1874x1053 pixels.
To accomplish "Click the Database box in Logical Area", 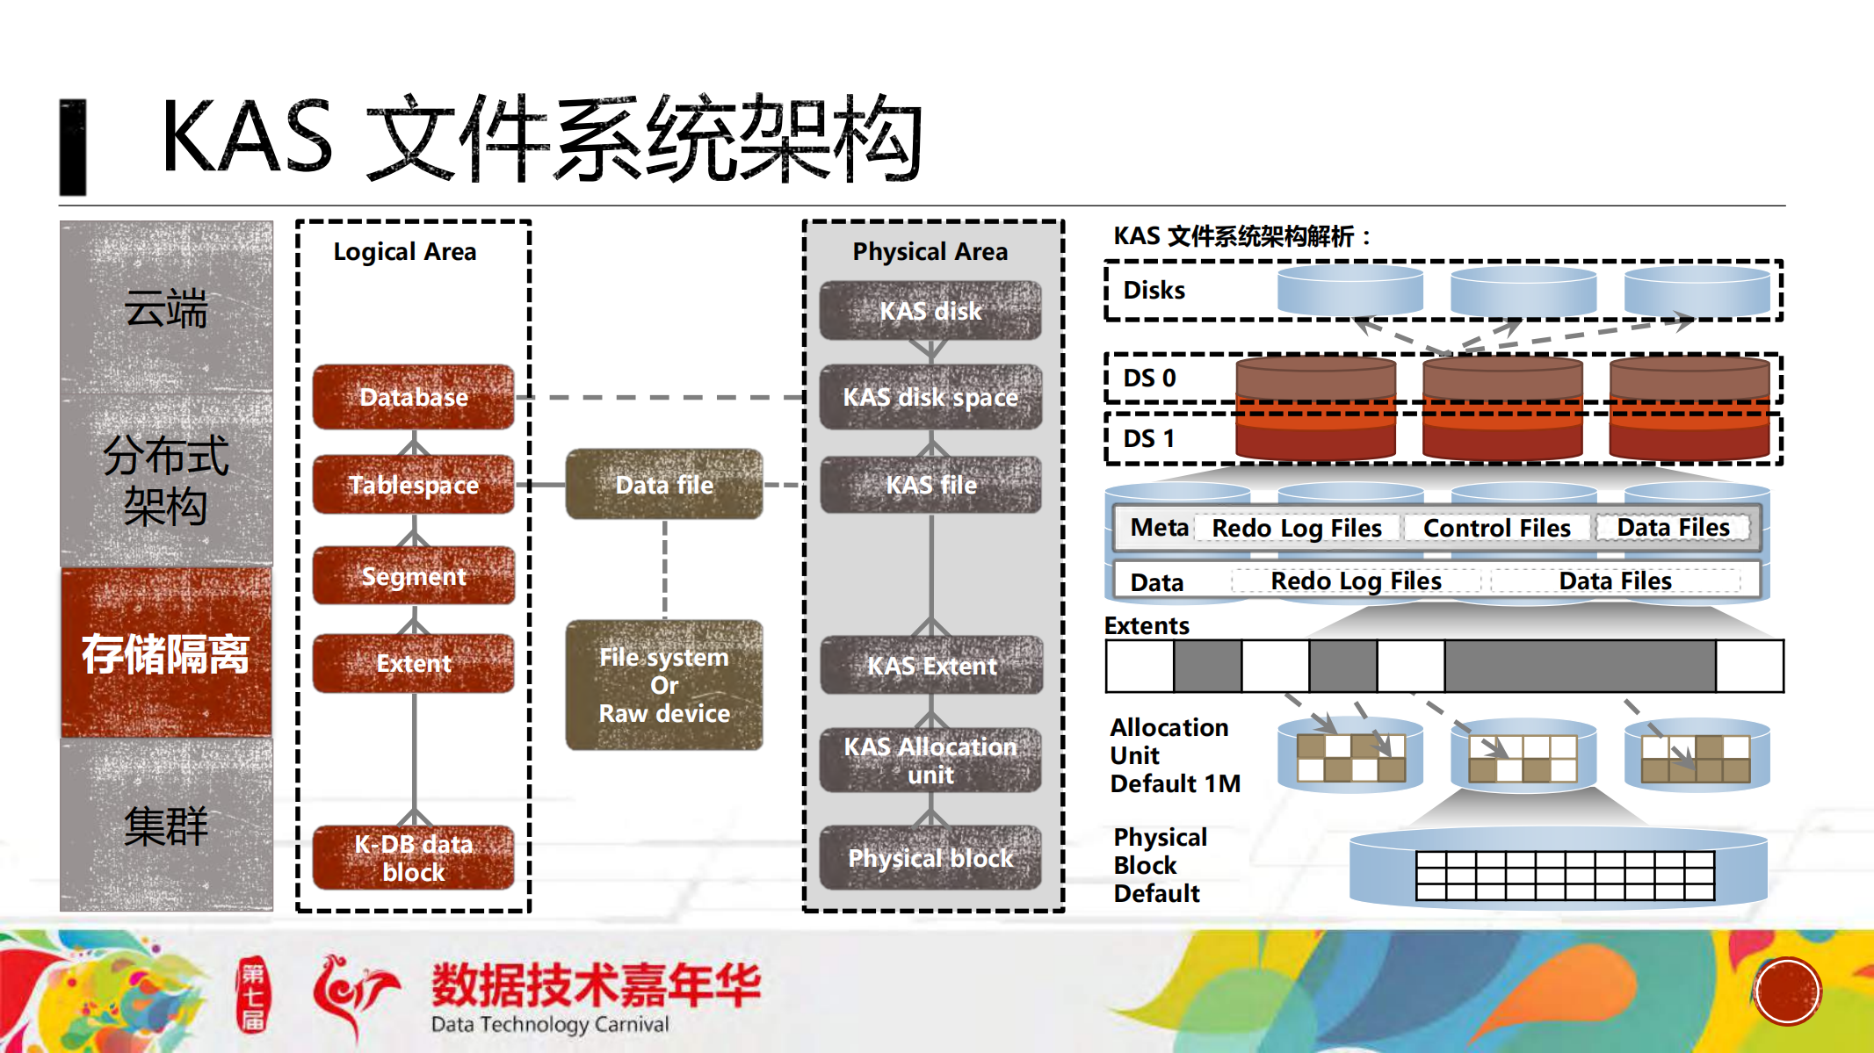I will (413, 397).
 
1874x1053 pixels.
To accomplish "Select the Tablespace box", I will (413, 485).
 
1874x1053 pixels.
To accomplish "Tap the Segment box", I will (413, 576).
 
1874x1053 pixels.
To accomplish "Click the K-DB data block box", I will (413, 858).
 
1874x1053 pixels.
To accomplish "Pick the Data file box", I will (664, 485).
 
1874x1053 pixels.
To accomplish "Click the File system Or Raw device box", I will (664, 685).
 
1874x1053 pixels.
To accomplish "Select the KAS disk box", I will (930, 311).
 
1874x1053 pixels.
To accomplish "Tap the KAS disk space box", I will (930, 397).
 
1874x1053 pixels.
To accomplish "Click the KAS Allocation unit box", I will (930, 761).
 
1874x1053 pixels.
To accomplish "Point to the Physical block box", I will (930, 858).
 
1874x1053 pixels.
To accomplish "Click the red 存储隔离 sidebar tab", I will (166, 653).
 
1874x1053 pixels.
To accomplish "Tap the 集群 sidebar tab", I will (166, 826).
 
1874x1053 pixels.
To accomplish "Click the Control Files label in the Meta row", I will (1496, 528).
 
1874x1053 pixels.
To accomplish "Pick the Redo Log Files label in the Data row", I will (1356, 581).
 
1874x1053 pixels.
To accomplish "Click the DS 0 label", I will (1149, 379).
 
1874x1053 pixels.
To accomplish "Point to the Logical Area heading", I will (404, 252).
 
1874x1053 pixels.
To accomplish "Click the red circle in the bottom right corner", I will (1787, 992).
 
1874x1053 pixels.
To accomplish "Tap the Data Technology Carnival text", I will (550, 1024).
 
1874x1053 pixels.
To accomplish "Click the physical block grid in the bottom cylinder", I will (1565, 875).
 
